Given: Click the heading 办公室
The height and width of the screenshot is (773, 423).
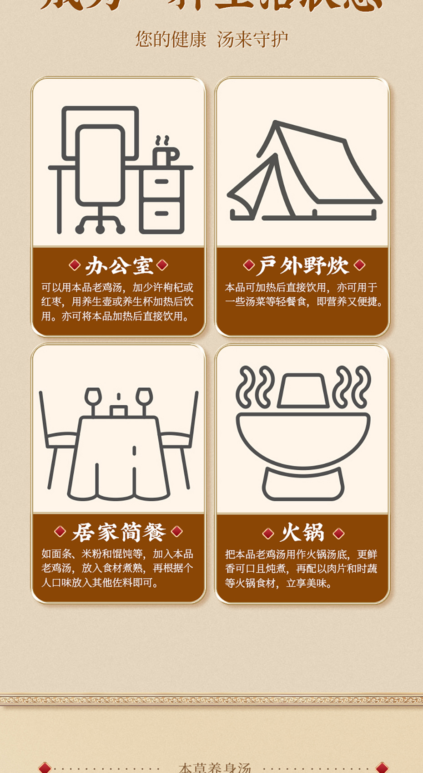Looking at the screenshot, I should point(119,266).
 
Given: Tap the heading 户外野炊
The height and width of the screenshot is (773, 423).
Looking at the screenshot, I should point(303,266).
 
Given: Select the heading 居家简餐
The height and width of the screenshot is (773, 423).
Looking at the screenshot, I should point(119,532).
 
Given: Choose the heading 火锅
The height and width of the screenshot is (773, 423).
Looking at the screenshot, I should point(302,533).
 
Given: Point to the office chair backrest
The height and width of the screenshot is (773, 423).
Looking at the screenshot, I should point(100,164).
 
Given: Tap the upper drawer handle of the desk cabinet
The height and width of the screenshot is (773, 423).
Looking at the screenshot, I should point(161,181).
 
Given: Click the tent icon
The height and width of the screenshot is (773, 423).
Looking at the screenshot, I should point(304,173).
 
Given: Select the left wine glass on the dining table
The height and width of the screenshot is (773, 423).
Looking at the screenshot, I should point(93,397).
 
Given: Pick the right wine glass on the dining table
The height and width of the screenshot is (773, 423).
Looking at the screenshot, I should point(144,397).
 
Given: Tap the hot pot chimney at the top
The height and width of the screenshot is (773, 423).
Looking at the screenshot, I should point(303,391).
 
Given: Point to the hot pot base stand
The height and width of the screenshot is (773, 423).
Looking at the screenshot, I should point(303,484).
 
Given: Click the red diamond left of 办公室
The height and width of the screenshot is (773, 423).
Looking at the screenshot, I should point(74,265).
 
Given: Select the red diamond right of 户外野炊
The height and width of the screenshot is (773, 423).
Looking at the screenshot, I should point(359,265).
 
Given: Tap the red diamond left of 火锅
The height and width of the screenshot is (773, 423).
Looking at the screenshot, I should point(268,533).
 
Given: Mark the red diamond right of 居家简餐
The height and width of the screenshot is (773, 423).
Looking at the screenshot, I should point(177,531).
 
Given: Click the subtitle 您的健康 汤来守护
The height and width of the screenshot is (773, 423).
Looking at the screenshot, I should point(211,40).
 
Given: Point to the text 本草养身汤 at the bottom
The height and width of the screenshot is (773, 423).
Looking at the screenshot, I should point(215,767).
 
